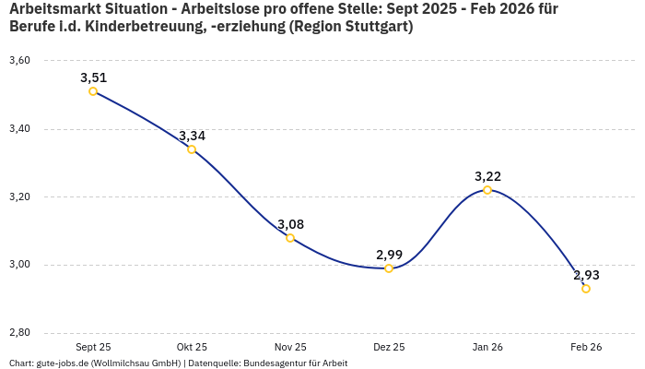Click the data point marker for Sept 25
click(x=93, y=91)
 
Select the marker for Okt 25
click(x=192, y=149)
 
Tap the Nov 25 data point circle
click(x=290, y=238)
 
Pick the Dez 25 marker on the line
click(x=389, y=268)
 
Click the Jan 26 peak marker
click(x=487, y=190)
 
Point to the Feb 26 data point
click(x=586, y=289)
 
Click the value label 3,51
click(x=93, y=77)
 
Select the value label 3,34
click(x=192, y=136)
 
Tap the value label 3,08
click(x=290, y=224)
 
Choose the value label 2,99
click(x=389, y=255)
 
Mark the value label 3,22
click(x=487, y=176)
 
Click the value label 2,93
click(x=586, y=275)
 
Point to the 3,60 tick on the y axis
click(x=19, y=61)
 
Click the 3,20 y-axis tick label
click(x=19, y=197)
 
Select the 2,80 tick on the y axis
click(x=19, y=333)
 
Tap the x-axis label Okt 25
click(x=192, y=347)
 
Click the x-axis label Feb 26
click(x=586, y=347)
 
